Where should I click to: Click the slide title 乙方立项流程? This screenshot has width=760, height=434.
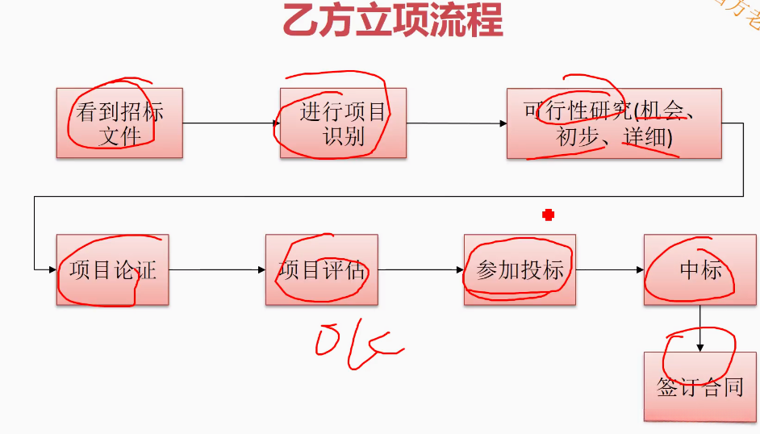click(392, 21)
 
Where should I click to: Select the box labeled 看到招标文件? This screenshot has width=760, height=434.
click(119, 123)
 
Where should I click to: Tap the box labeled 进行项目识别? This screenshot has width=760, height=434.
click(343, 123)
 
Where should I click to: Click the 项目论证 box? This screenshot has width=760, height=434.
click(112, 269)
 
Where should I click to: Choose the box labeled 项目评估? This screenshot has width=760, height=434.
click(321, 269)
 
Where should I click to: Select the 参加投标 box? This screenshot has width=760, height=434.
click(520, 269)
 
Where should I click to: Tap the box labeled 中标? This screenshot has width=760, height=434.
click(699, 269)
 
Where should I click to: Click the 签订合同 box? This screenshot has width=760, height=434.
click(699, 386)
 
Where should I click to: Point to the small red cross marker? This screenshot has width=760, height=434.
click(549, 215)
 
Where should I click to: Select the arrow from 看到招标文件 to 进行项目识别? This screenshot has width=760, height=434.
click(231, 123)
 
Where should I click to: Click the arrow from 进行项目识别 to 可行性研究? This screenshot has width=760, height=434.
click(456, 123)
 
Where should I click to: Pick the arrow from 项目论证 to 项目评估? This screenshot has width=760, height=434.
click(217, 269)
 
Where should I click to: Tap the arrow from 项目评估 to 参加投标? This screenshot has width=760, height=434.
click(420, 269)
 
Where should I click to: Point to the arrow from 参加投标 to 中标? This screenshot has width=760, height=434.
click(609, 269)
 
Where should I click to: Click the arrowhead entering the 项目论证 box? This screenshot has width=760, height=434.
click(51, 269)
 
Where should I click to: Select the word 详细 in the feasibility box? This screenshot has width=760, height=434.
click(644, 138)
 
